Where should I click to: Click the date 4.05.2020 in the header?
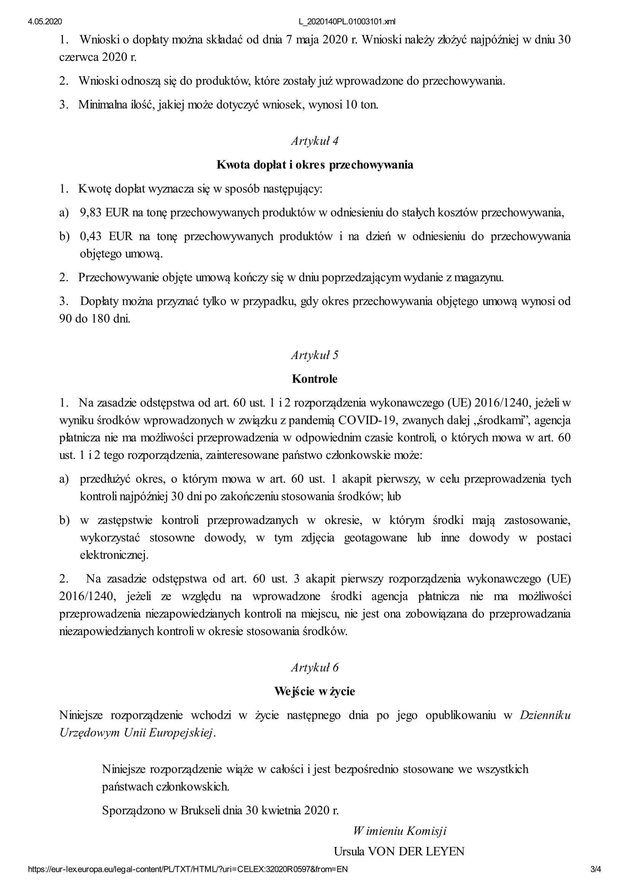45,22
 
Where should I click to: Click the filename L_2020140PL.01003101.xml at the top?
347,22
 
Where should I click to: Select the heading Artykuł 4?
315,141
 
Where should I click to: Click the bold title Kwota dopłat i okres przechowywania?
315,165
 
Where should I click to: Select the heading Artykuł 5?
315,355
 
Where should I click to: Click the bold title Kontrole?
315,379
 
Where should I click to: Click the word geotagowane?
376,538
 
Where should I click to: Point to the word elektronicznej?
114,555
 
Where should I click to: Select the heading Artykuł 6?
315,667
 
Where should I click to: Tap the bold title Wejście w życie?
315,691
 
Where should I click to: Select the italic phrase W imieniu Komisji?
400,831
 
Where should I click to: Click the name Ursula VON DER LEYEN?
399,851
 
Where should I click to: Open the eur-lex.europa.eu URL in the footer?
188,869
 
